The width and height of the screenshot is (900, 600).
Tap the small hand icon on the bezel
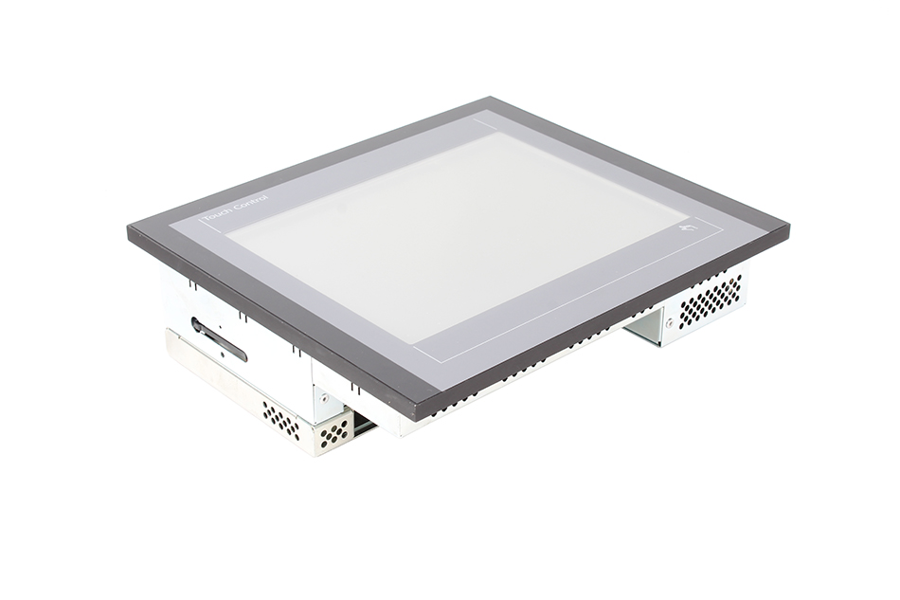tap(687, 230)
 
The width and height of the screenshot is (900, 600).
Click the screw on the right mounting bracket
tap(668, 322)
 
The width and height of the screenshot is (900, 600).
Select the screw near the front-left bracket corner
tap(324, 396)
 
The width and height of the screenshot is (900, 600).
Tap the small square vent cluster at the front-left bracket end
tap(334, 432)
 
